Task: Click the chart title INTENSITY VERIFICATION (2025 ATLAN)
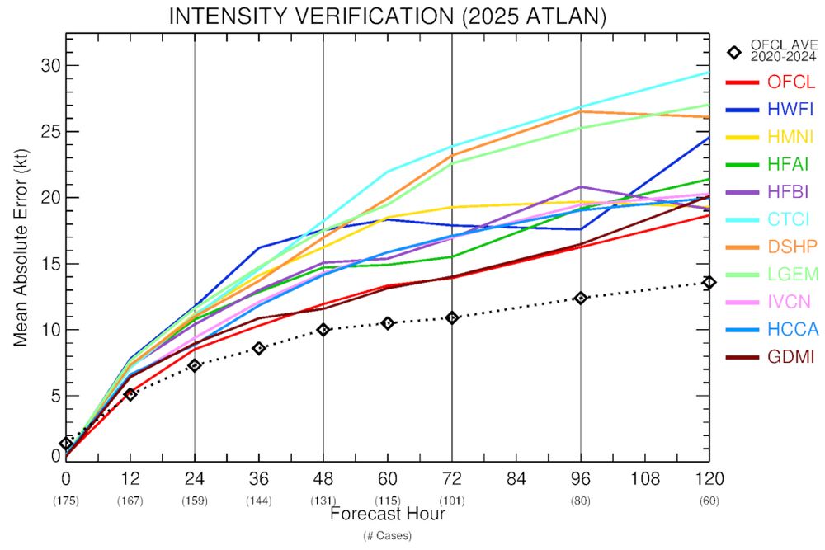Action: pos(387,16)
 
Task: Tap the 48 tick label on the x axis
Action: pos(323,478)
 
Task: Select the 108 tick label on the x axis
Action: pos(645,478)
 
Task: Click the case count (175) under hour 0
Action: pos(66,500)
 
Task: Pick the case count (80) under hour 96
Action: pos(581,500)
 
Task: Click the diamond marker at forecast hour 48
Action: pos(323,330)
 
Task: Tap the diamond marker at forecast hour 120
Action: pos(709,282)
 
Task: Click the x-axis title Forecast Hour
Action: pos(388,514)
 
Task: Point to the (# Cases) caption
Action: pos(388,535)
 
